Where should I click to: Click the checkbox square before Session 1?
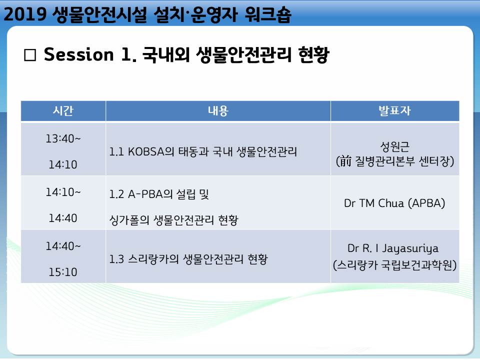coord(30,55)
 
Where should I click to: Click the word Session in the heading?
coord(78,54)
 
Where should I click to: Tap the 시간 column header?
coord(63,110)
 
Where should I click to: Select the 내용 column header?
coord(218,110)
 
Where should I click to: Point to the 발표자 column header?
coord(394,110)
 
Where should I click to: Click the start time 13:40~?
coord(63,138)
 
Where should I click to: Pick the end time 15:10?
coord(63,272)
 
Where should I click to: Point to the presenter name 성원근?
coord(394,146)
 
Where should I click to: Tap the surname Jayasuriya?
coord(410,248)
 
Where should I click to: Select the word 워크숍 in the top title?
coord(268,14)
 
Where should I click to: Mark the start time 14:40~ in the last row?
coord(63,246)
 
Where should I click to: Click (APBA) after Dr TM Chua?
coord(426,203)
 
